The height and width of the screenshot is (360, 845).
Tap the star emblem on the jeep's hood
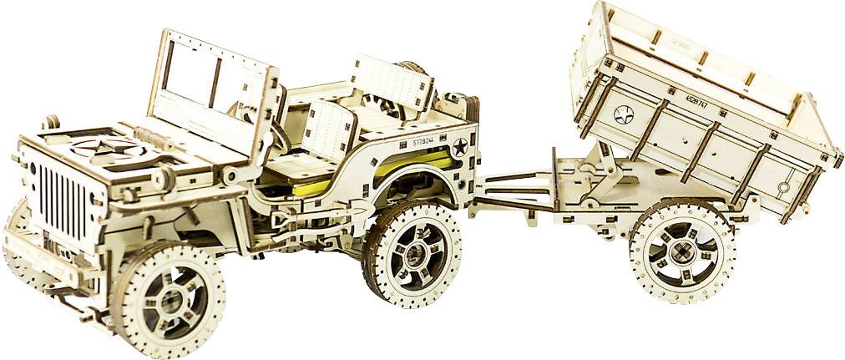click(108, 151)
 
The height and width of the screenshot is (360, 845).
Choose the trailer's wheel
click(682, 250)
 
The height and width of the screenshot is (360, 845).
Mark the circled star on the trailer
click(624, 114)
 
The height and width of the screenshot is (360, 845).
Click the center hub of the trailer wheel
click(682, 250)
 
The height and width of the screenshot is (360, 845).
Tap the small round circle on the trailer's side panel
click(786, 185)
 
